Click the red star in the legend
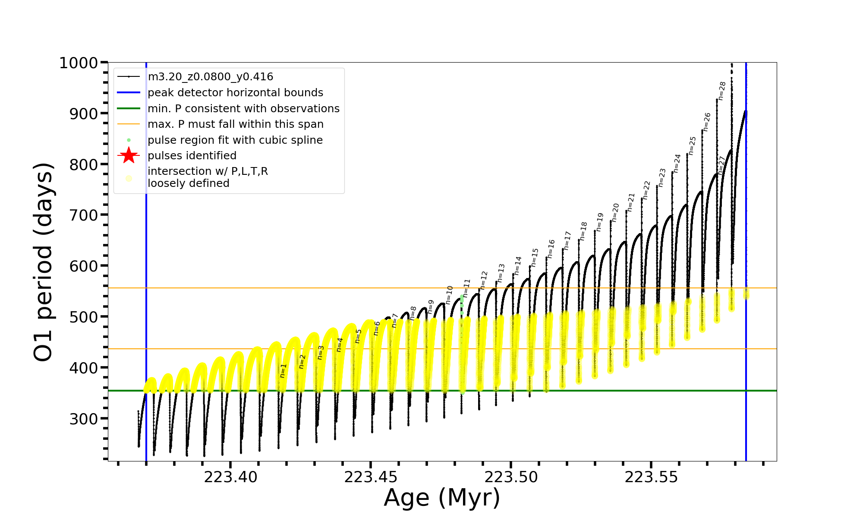129,155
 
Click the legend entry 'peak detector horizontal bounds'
235,93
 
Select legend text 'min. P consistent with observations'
243,109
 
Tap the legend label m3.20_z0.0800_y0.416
210,77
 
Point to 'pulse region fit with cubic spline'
235,140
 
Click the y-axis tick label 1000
79,63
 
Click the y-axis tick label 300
84,419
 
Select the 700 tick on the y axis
84,215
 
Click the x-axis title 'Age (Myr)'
442,498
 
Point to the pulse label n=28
722,91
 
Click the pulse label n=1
283,370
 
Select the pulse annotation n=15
535,257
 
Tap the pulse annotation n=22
646,190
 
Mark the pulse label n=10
450,295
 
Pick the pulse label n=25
692,145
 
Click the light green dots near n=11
462,302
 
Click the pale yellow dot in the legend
129,178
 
